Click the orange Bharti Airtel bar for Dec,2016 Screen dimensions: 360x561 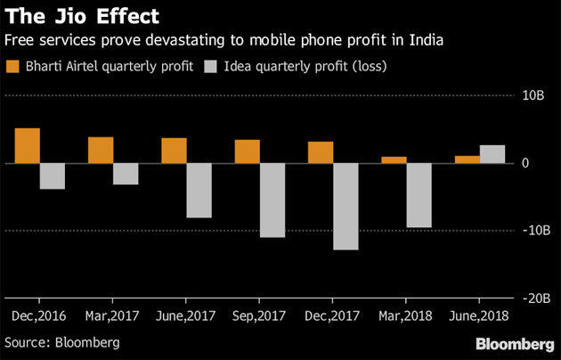pos(28,146)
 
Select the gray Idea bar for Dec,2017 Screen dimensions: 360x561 pos(346,207)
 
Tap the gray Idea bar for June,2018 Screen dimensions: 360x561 pos(492,154)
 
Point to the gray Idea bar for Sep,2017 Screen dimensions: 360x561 pos(272,200)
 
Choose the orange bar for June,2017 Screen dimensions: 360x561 pos(174,151)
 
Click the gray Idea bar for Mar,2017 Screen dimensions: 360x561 pos(126,174)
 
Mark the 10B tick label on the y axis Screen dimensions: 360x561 pos(532,94)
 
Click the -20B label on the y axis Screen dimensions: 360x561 pos(529,300)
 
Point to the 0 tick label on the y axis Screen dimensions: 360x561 pos(527,163)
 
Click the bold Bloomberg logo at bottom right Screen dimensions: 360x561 pos(515,343)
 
